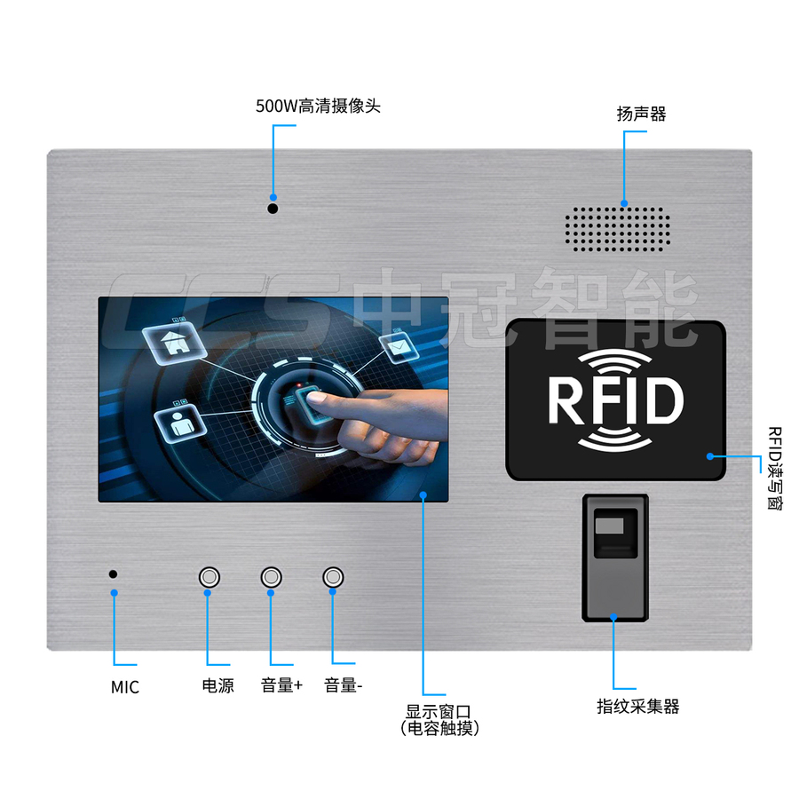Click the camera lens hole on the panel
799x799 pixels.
click(x=273, y=209)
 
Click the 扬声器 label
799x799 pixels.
click(x=641, y=114)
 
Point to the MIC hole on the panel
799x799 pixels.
click(x=113, y=574)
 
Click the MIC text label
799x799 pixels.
click(x=125, y=687)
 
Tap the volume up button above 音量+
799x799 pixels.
click(x=271, y=577)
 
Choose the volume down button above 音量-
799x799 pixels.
click(x=334, y=577)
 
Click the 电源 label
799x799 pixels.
click(x=218, y=685)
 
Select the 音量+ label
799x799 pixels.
click(x=281, y=685)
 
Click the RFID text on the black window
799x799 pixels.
click(x=615, y=400)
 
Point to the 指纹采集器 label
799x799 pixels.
click(x=637, y=707)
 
